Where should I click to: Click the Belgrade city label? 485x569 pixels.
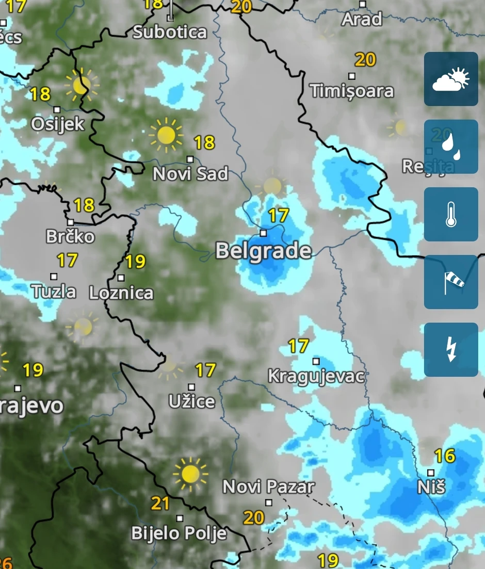tap(263, 251)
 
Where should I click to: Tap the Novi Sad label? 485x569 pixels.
tap(190, 174)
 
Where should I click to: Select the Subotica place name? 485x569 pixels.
tap(170, 32)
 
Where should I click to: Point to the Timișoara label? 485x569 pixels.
tap(352, 91)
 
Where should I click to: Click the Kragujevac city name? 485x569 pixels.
tap(316, 376)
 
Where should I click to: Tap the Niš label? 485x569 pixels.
tap(431, 486)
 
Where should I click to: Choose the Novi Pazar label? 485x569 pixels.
tap(268, 486)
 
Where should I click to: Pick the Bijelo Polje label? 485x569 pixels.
tap(179, 533)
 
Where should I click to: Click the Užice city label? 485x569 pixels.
tap(191, 401)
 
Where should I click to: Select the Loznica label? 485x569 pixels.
tap(121, 293)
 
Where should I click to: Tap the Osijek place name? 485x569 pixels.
tap(57, 124)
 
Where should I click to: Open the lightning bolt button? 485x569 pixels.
tap(451, 350)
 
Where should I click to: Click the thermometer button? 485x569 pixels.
tap(451, 215)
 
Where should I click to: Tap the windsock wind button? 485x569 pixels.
tap(451, 282)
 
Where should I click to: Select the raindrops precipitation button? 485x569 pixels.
tap(451, 147)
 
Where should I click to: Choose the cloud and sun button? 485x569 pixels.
tap(451, 79)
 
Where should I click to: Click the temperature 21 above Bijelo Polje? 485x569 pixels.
tap(160, 503)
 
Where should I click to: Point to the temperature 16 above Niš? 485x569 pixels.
tap(444, 456)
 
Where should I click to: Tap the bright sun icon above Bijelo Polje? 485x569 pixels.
tap(190, 474)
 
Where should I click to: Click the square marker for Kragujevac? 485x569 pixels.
tap(316, 361)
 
